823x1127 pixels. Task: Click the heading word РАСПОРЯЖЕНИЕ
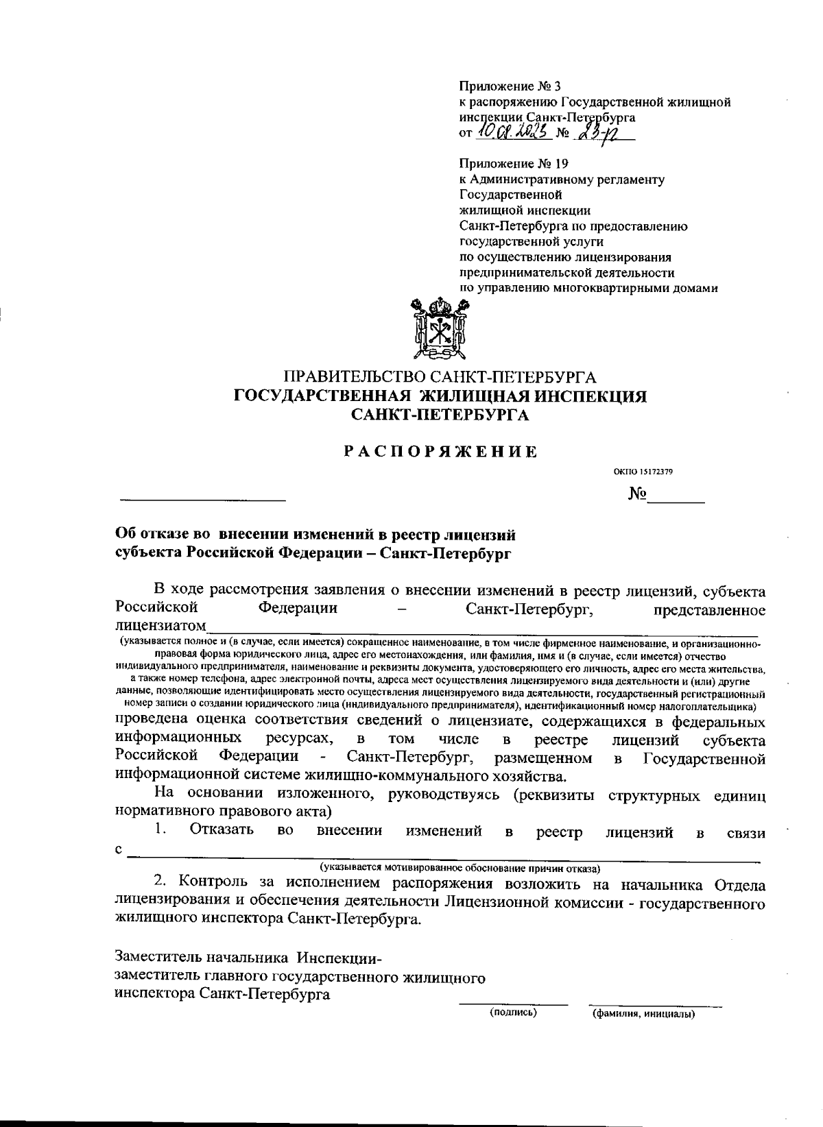click(x=440, y=452)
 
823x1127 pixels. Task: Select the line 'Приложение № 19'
click(x=514, y=164)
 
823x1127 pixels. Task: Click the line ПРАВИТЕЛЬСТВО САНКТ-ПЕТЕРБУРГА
click(x=440, y=377)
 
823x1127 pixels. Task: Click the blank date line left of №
click(x=202, y=499)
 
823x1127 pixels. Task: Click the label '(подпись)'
click(x=512, y=1012)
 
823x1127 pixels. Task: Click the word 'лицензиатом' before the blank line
click(x=160, y=626)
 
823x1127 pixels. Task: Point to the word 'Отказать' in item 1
click(x=222, y=830)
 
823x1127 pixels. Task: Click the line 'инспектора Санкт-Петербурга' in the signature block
click(x=222, y=994)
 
